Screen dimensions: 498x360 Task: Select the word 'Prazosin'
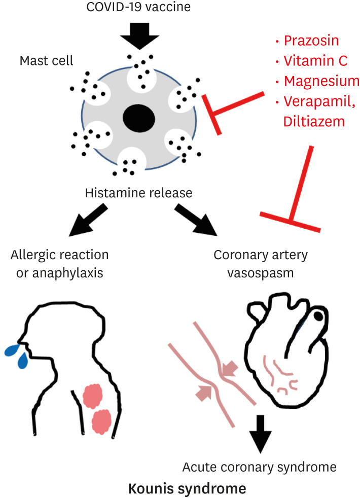(312, 41)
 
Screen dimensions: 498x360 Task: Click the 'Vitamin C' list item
(315, 61)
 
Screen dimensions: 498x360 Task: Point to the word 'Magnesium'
(321, 81)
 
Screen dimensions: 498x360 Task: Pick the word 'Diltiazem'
(314, 122)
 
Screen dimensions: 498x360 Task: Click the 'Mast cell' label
(46, 61)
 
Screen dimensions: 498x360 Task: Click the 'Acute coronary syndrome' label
(259, 466)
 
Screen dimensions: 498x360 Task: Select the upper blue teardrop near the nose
(10, 348)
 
